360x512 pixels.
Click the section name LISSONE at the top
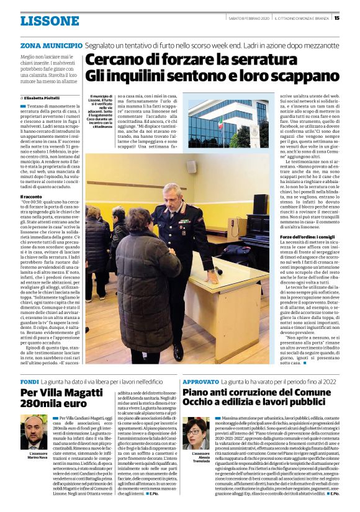point(50,21)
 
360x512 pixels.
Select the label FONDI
point(29,381)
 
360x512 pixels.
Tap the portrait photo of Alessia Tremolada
point(196,433)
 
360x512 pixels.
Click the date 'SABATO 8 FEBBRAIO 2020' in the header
point(248,18)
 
